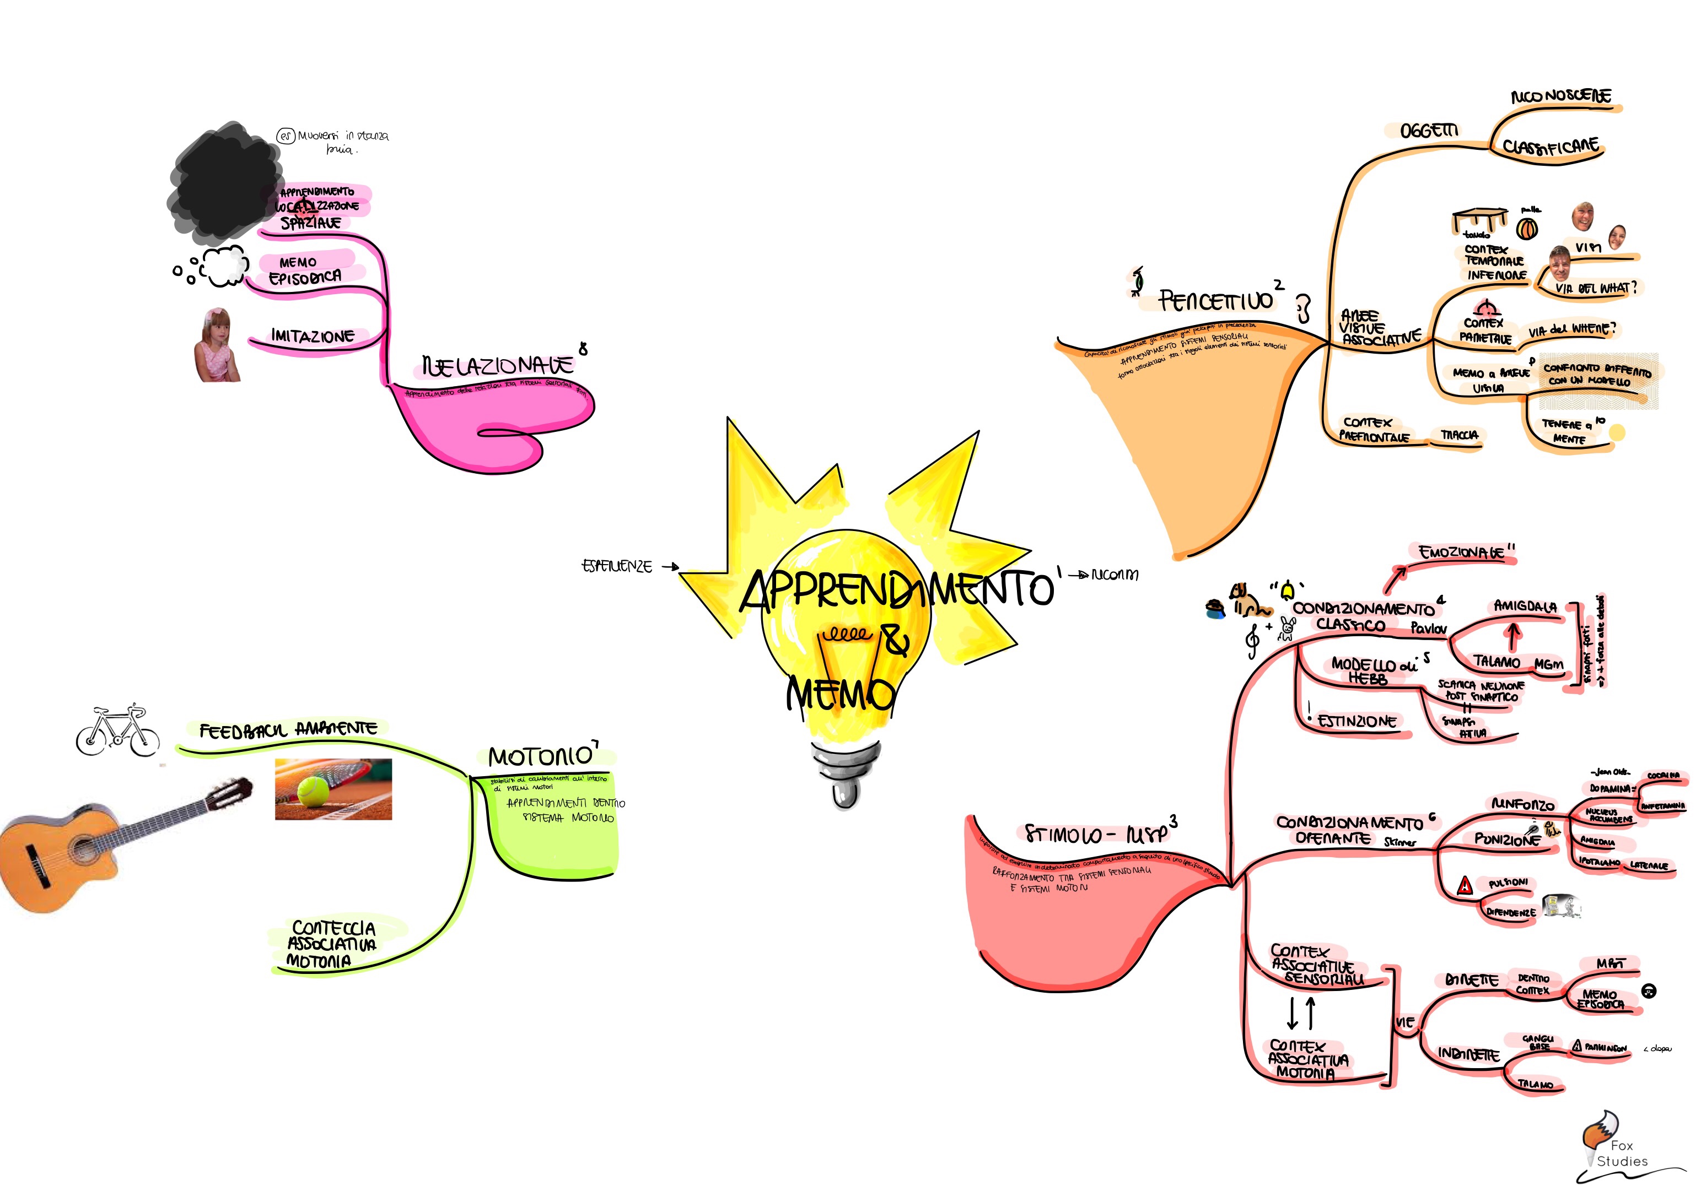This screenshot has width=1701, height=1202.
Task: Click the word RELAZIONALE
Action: click(x=498, y=365)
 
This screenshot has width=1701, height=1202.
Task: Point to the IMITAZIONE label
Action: click(x=312, y=336)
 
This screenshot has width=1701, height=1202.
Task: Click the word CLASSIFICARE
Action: click(x=1551, y=147)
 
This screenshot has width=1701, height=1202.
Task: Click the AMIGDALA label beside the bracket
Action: click(x=1525, y=606)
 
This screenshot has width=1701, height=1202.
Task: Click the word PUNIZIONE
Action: click(x=1507, y=839)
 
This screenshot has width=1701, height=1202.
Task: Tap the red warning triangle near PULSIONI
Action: click(x=1464, y=886)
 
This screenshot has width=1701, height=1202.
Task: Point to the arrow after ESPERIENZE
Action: click(x=670, y=567)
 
